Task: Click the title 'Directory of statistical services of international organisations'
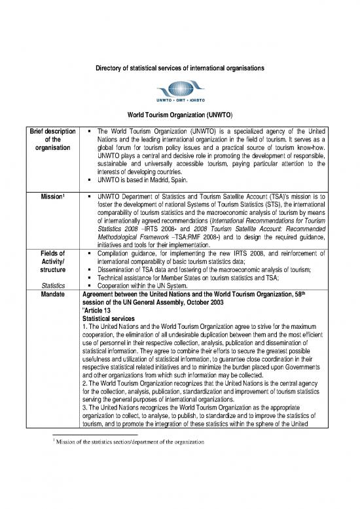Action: tap(180, 69)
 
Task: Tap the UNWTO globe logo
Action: tap(179, 89)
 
